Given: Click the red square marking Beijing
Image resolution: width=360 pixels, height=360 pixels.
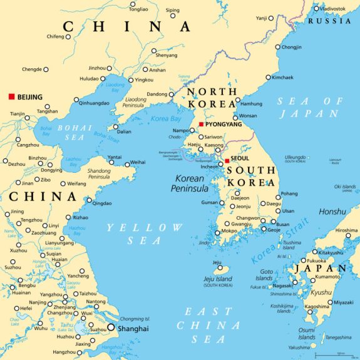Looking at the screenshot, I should click(11, 97).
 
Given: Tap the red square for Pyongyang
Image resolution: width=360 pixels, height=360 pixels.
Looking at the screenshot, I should click(201, 125).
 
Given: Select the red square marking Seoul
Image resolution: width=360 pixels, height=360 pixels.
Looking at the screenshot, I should click(227, 161).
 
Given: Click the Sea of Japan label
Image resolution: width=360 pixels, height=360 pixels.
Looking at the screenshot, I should click(311, 107).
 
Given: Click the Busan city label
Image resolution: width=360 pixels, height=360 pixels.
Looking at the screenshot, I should click(283, 224).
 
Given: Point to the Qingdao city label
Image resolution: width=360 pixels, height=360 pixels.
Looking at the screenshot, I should click(103, 203).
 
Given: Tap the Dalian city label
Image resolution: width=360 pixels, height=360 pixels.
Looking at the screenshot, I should click(125, 132).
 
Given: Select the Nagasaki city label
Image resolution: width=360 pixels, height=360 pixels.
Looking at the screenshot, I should click(283, 285).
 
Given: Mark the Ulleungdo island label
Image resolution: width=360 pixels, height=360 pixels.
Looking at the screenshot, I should click(295, 157).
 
